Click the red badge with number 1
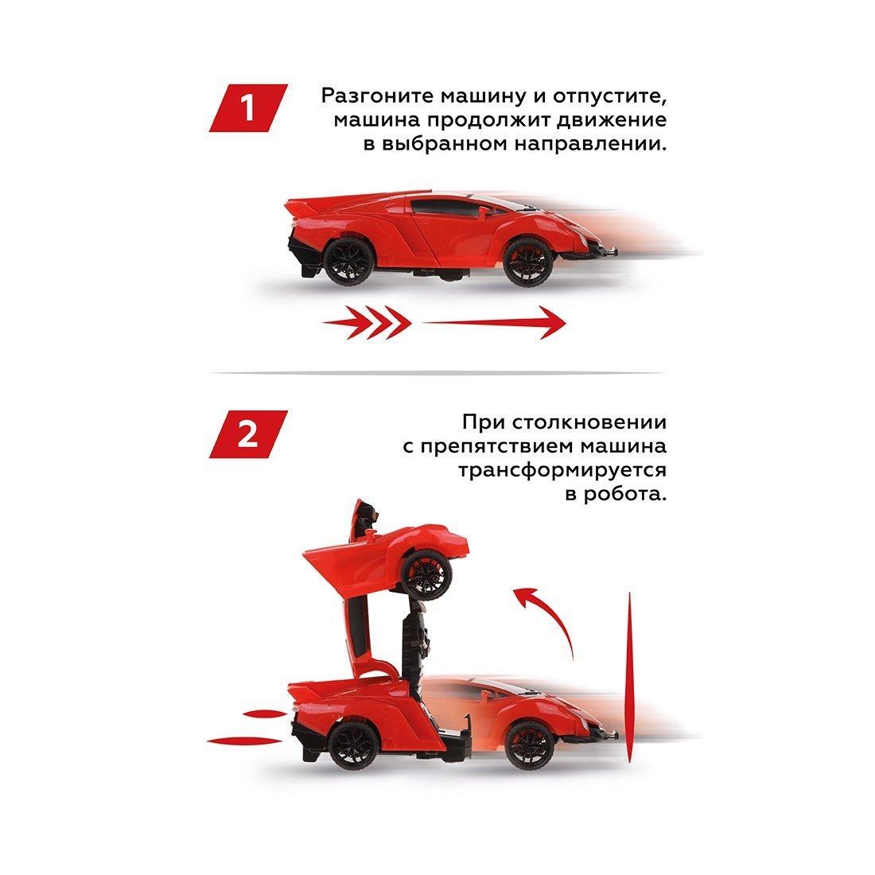(247, 109)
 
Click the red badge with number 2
(247, 434)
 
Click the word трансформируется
(562, 470)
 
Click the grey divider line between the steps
(437, 372)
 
